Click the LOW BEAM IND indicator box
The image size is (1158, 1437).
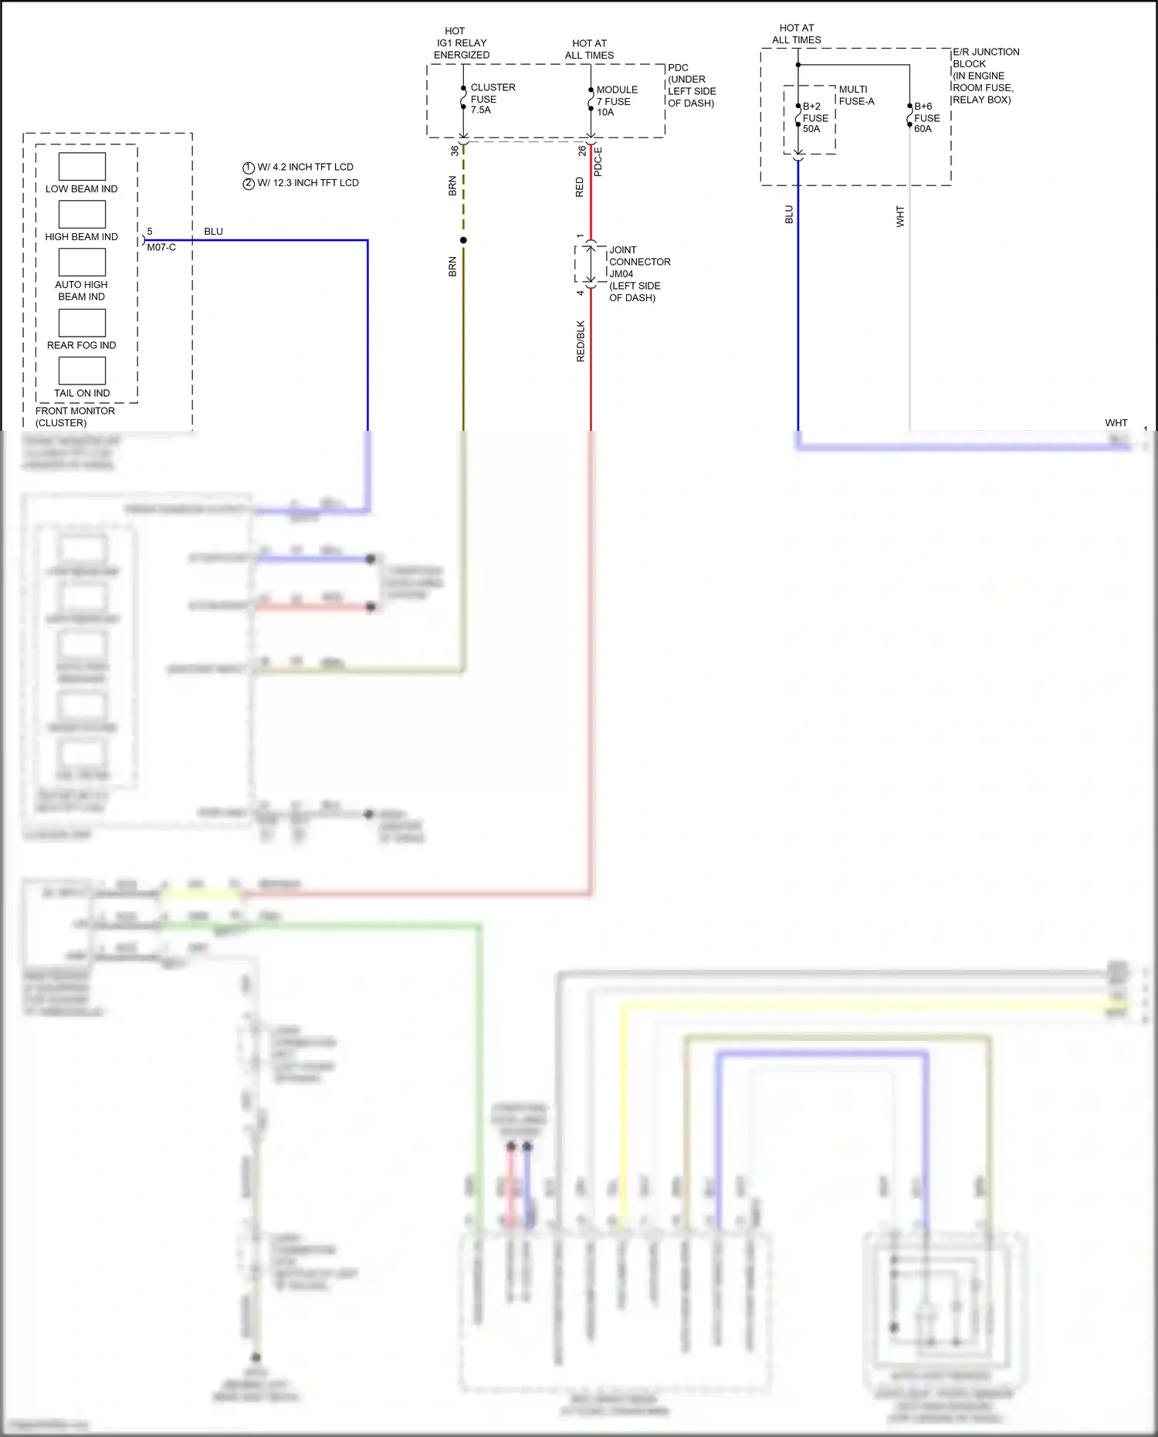(x=82, y=166)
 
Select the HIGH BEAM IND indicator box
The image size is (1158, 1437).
(x=82, y=214)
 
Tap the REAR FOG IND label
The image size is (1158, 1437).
(x=81, y=345)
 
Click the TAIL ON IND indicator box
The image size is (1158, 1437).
(x=82, y=371)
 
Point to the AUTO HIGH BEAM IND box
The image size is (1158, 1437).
(x=82, y=263)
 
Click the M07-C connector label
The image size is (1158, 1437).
(x=161, y=247)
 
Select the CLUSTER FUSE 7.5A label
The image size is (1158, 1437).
(x=493, y=99)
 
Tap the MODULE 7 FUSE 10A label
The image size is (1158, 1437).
(x=616, y=101)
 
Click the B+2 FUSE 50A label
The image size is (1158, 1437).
(x=814, y=117)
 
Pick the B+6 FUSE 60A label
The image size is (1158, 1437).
(x=926, y=117)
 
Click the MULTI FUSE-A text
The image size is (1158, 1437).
(x=856, y=95)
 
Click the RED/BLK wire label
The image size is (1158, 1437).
(x=581, y=341)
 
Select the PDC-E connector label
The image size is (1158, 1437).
(x=598, y=161)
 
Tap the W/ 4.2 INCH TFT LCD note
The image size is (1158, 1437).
(x=304, y=167)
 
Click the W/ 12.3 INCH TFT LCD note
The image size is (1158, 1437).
(x=307, y=183)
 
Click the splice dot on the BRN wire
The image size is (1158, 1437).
(x=463, y=240)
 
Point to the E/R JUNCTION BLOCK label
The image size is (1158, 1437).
(x=986, y=76)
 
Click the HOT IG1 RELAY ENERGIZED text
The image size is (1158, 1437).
(x=461, y=43)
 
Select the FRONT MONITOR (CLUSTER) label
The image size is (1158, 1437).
(x=75, y=417)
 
